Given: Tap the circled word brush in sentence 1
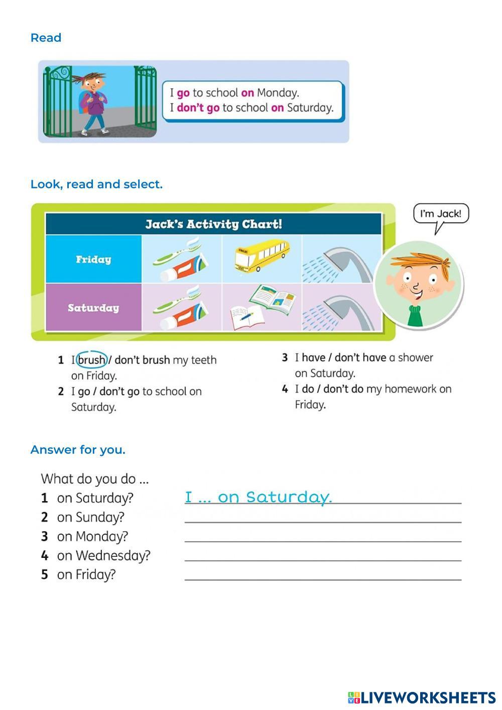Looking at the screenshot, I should (x=92, y=360).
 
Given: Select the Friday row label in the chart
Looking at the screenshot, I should (x=93, y=260).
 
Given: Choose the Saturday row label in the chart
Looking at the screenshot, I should (x=93, y=308).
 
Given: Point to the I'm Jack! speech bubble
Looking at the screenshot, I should (x=440, y=214).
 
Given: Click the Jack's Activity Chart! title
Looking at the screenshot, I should (x=213, y=224).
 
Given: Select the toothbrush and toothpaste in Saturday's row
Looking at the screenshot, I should (x=182, y=307).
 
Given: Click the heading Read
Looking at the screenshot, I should (x=46, y=38).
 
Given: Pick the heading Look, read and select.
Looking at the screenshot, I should (x=96, y=184).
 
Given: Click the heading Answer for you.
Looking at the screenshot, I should (x=78, y=450).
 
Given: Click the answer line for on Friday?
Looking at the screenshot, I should (x=323, y=575).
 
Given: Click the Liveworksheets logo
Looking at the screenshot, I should (x=421, y=697).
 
